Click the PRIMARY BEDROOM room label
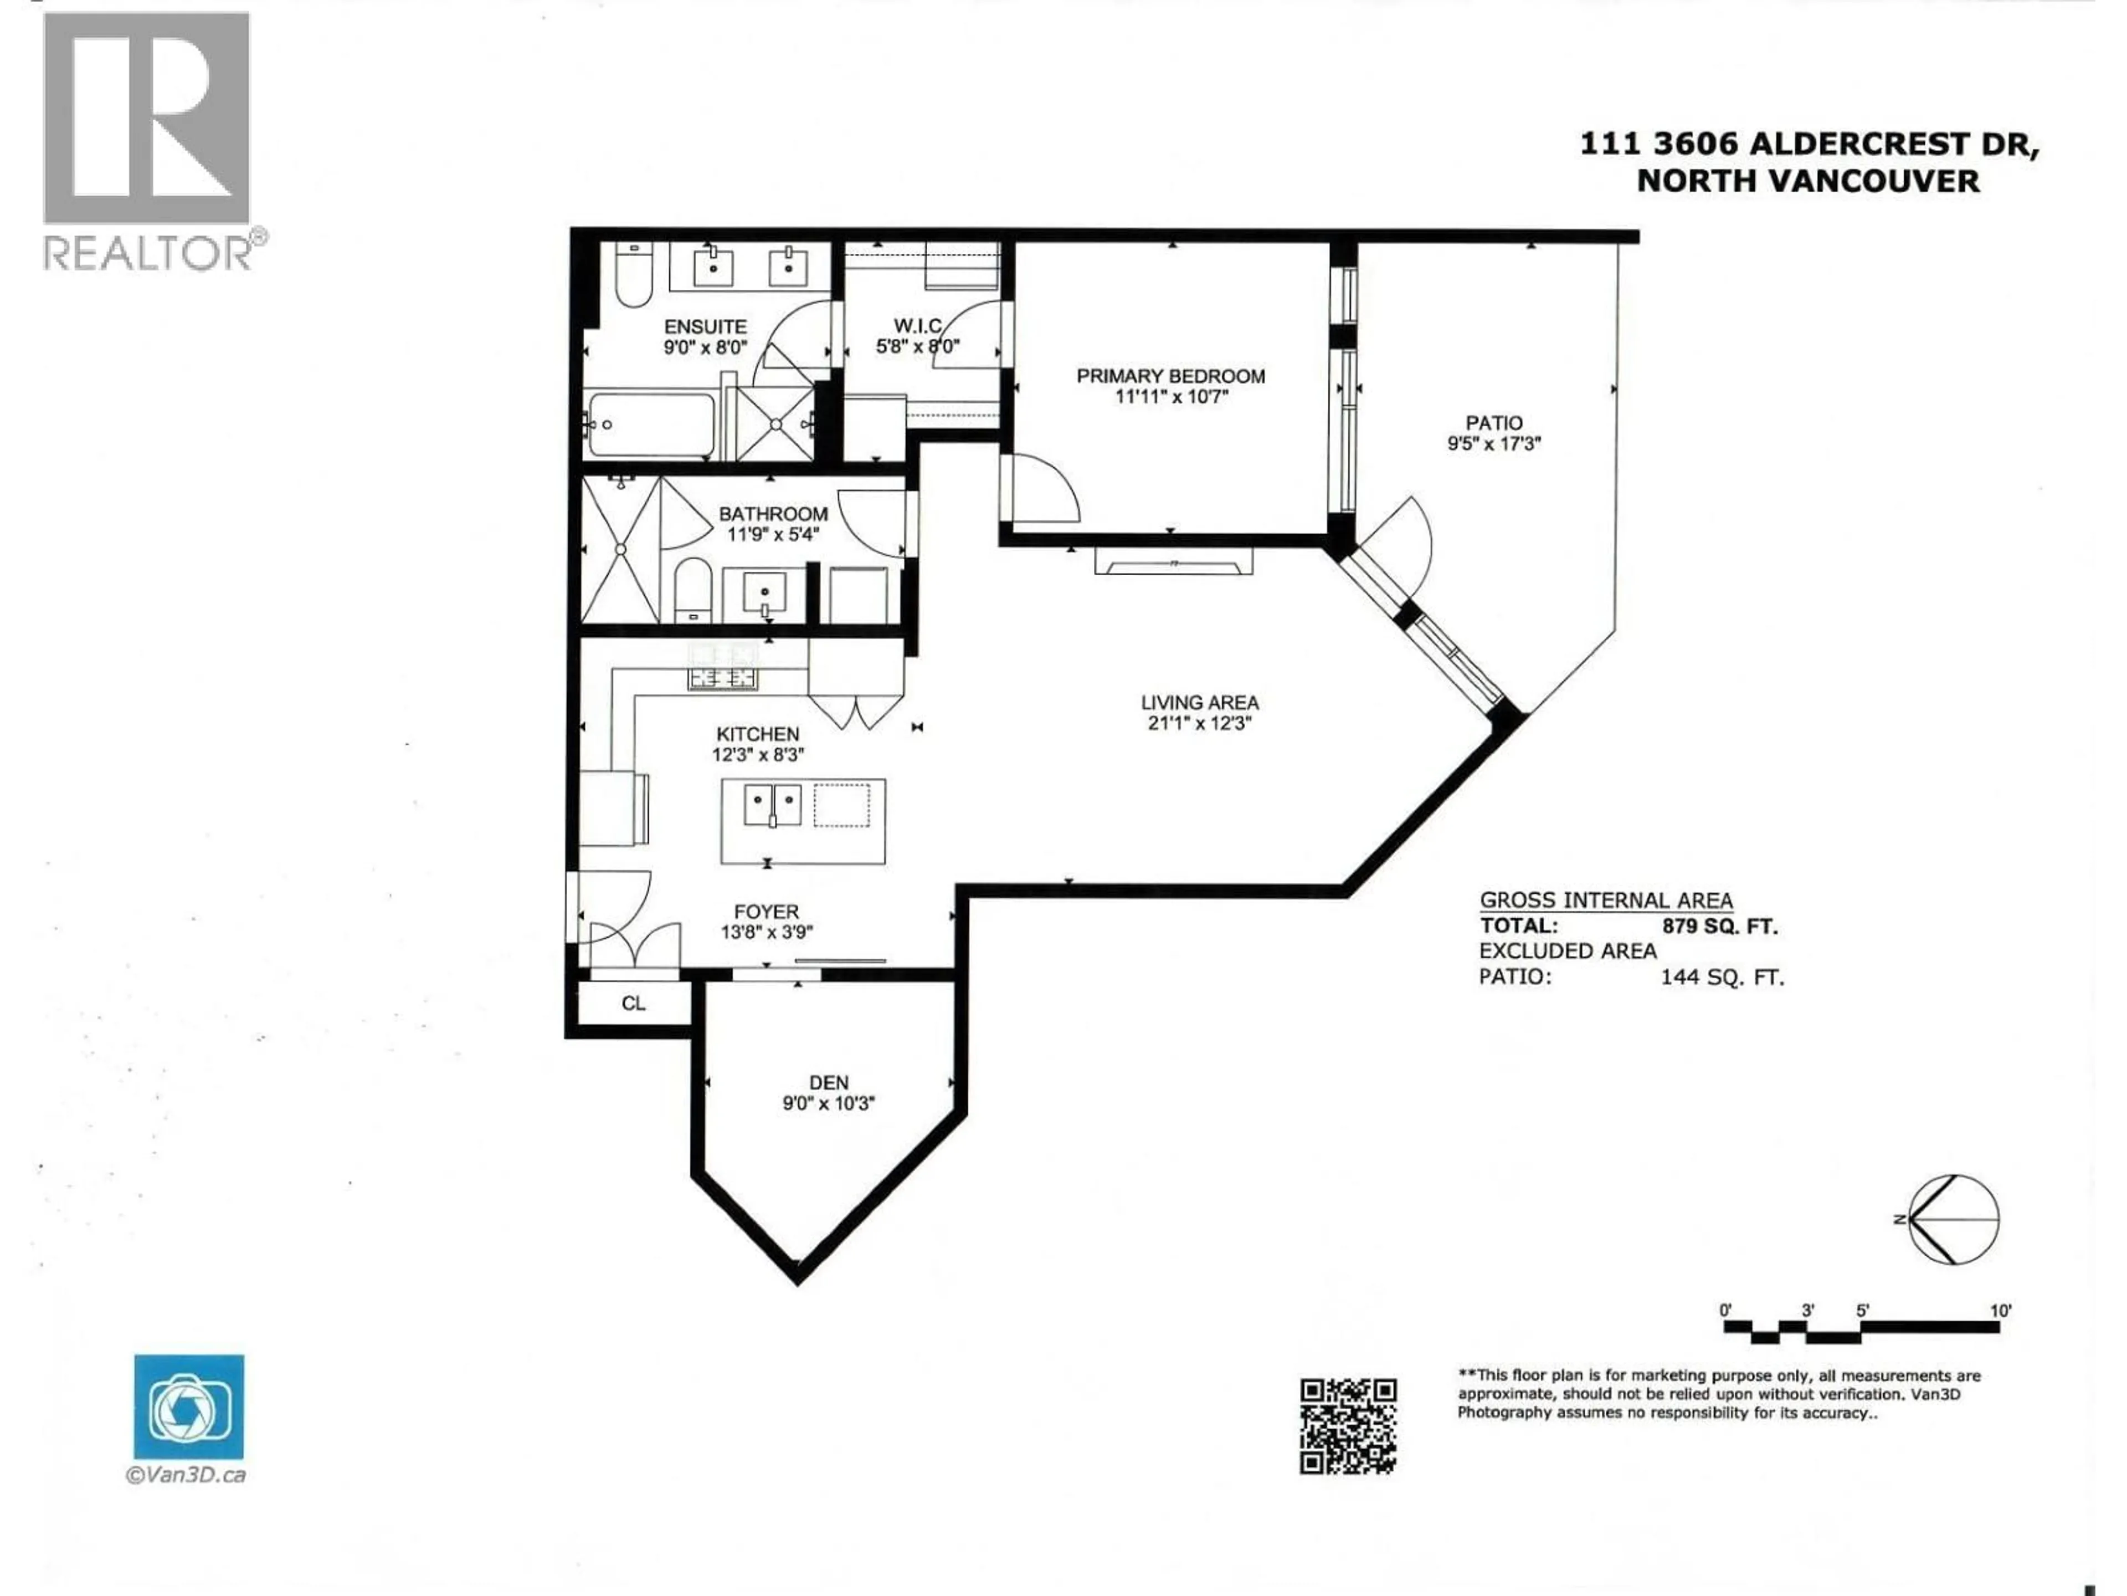coord(1170,376)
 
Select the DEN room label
coord(828,1082)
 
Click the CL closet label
coord(633,1004)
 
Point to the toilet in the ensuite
coord(633,276)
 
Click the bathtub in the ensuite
coord(651,424)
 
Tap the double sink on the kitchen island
coord(772,804)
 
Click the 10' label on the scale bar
coord(2000,1310)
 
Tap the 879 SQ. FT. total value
coord(1719,927)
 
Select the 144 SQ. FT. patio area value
coord(1721,978)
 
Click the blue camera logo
coord(188,1408)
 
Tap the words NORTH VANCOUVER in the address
coord(1808,181)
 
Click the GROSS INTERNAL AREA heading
coord(1606,901)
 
